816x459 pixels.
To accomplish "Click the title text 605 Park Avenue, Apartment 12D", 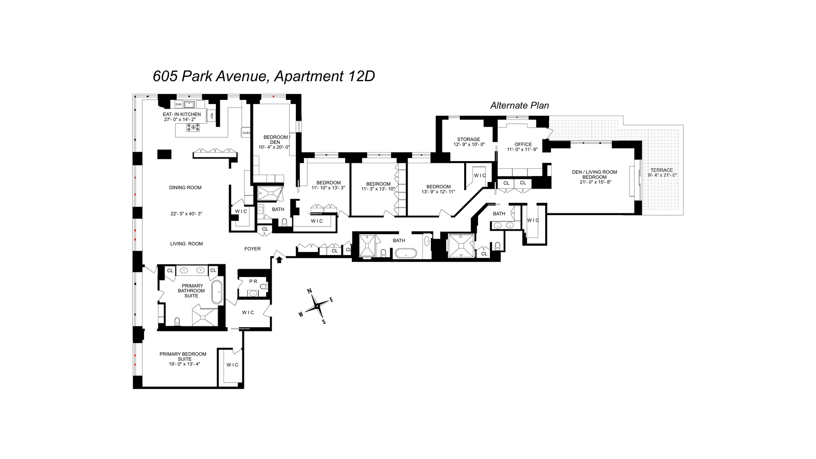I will pos(263,76).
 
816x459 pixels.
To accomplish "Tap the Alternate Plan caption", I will pos(519,105).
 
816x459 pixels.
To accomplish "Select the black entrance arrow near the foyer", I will pos(279,259).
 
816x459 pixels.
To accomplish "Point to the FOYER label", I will pos(252,249).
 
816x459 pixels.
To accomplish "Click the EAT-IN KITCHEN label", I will pos(182,114).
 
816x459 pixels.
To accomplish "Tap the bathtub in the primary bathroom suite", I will pos(217,292).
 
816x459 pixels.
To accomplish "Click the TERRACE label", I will pos(662,170).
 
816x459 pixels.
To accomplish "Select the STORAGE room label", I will pos(468,139).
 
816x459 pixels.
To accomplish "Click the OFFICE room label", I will pos(523,144).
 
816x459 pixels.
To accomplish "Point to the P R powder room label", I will pos(253,281).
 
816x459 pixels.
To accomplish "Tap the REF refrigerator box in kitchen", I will pos(211,115).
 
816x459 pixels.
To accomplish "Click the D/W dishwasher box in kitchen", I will pos(178,104).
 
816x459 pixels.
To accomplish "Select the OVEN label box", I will pos(246,133).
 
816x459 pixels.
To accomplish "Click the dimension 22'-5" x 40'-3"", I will pos(186,214).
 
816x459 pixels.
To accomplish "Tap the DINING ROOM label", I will pos(185,187).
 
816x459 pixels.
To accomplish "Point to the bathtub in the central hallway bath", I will pos(406,254).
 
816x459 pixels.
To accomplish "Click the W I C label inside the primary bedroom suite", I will pos(232,365).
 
